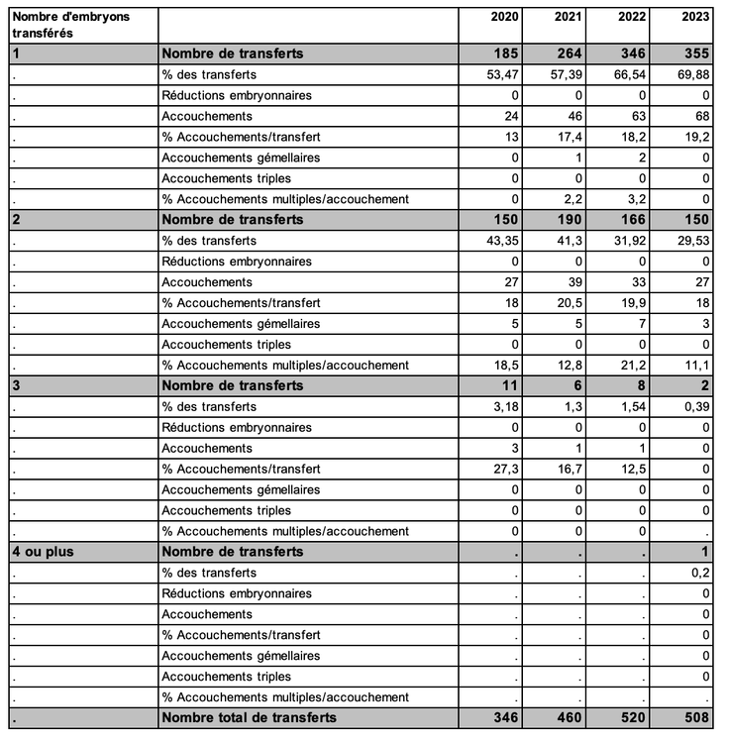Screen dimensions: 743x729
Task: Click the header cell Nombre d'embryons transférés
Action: click(x=70, y=25)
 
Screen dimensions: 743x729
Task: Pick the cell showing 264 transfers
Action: click(x=568, y=53)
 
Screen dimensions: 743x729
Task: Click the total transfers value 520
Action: click(x=631, y=717)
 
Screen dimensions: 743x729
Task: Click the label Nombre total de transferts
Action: click(x=249, y=717)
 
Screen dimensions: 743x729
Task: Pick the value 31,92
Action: click(x=631, y=241)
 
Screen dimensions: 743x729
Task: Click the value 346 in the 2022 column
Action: click(x=631, y=53)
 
